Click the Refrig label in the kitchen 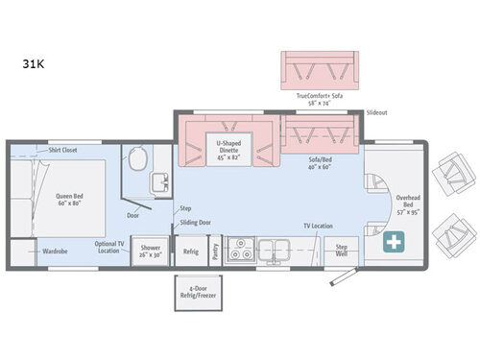(190, 252)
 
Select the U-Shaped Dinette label (228, 146)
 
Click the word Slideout (377, 112)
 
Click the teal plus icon (395, 244)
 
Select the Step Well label (342, 251)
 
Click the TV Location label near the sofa (318, 226)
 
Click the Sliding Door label (195, 223)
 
